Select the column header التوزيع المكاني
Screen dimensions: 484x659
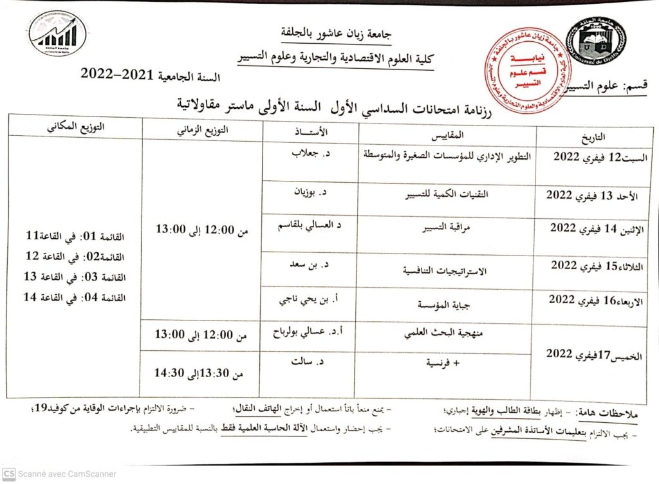75,127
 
